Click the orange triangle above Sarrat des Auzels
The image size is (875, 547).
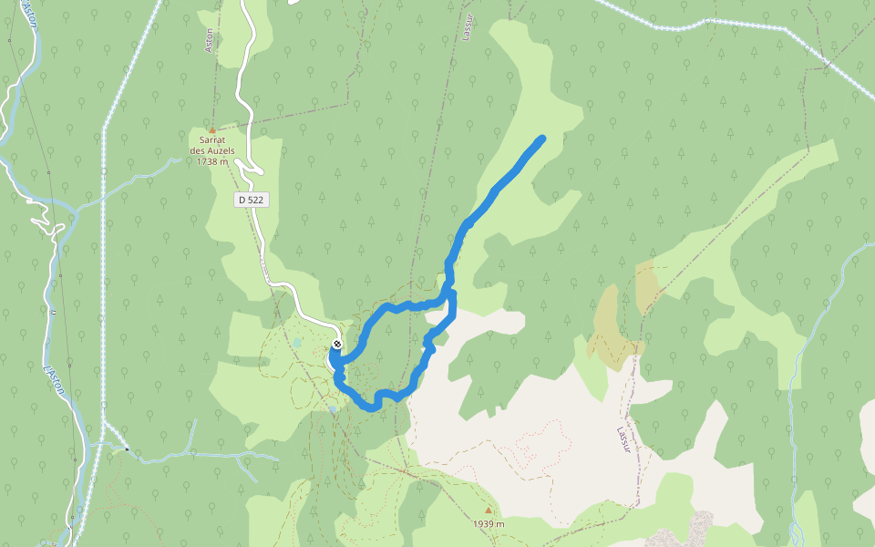pos(212,130)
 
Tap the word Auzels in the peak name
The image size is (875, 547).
pos(221,151)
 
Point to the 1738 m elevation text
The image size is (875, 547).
pos(215,162)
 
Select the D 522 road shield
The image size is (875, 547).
pos(251,199)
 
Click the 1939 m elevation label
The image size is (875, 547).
pos(489,524)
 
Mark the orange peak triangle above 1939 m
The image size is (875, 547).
pos(489,511)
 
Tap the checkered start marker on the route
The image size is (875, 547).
pos(337,344)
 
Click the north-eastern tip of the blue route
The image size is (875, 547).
pos(542,139)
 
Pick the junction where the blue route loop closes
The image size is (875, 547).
pos(449,294)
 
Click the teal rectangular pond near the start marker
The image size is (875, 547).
pos(297,343)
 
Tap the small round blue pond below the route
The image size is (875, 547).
pos(334,410)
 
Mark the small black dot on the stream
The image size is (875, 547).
pos(127,449)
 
